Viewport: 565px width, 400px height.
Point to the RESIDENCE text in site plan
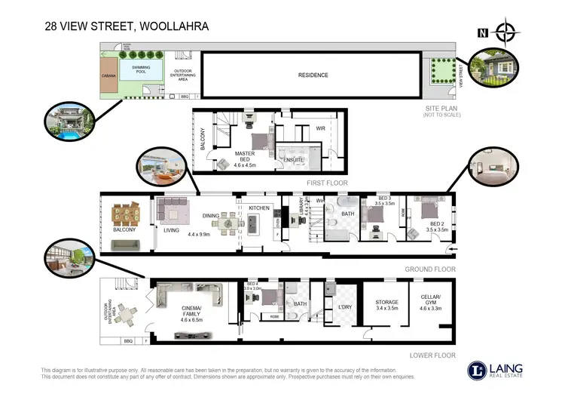pyautogui.click(x=313, y=75)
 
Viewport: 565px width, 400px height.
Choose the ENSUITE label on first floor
pyautogui.click(x=294, y=160)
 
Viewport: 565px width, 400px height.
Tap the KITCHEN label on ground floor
pyautogui.click(x=259, y=208)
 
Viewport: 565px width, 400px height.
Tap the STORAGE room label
pyautogui.click(x=386, y=305)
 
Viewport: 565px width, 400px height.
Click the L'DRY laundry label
pyautogui.click(x=346, y=307)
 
